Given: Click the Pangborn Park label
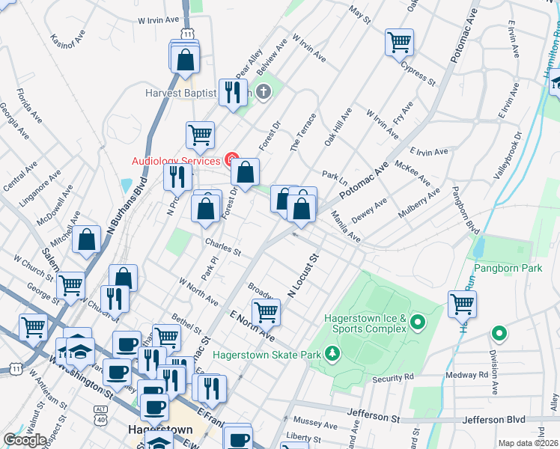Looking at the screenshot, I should [507, 267].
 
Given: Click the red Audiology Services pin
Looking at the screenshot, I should [232, 160].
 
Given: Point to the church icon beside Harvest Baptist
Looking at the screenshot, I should [263, 93].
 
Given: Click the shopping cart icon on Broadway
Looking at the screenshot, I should [266, 312].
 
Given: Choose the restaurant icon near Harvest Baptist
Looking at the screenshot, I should [233, 93].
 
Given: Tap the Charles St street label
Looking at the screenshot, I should [222, 247].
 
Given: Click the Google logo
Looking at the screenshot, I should [25, 440].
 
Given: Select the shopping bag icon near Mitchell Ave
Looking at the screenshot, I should [88, 240].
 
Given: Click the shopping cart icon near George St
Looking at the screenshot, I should [70, 284].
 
